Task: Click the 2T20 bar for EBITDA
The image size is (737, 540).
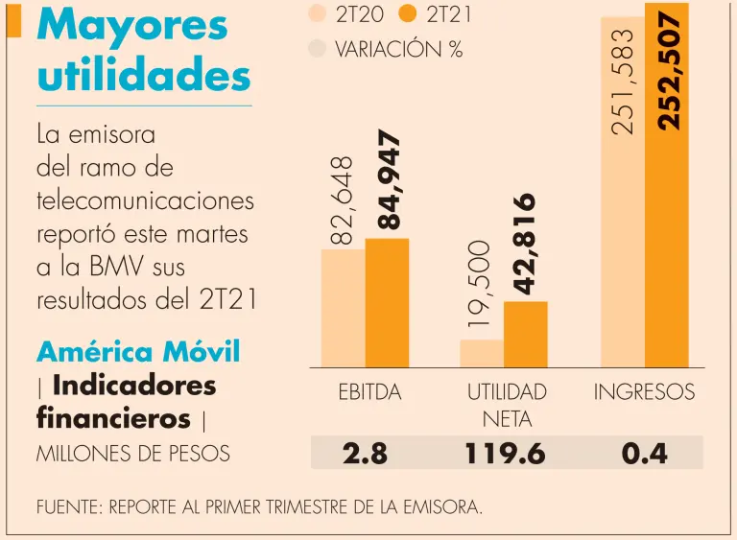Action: pos(343,308)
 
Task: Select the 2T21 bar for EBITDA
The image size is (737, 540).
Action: pos(387,302)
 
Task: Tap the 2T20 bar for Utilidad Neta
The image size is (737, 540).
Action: pos(482,353)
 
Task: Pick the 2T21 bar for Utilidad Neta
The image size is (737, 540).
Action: pos(525,334)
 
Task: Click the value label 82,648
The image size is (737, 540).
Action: pos(343,200)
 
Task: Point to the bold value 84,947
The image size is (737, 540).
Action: pos(388,180)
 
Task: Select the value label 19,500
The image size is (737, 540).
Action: pos(481,284)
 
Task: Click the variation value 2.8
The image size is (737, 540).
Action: pos(365,453)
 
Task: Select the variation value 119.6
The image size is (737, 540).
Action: pos(506,453)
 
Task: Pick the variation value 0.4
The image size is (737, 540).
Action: pos(644,453)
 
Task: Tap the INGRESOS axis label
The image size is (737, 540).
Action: pos(644,392)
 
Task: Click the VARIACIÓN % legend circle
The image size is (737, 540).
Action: pos(318,48)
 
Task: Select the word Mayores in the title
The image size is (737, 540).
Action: pos(132,26)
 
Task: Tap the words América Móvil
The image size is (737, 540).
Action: pos(137,352)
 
